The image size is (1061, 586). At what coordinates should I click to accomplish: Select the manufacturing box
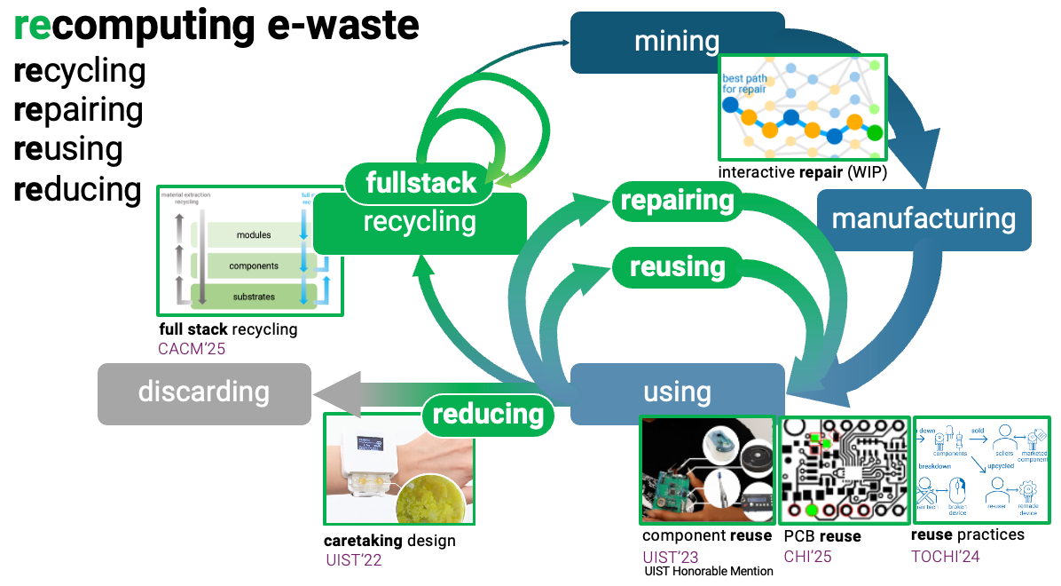click(x=923, y=219)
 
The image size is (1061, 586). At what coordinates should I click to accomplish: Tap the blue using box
click(x=677, y=392)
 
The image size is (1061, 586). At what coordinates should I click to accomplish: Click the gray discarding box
click(x=204, y=392)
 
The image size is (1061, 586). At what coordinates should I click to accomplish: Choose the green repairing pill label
click(x=678, y=201)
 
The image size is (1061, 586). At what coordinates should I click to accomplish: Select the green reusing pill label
click(x=678, y=266)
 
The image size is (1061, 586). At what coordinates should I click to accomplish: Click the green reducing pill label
click(x=488, y=413)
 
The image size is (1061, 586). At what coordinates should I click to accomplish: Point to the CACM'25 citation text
click(x=192, y=349)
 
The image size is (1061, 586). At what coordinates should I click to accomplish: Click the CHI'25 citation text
click(x=807, y=557)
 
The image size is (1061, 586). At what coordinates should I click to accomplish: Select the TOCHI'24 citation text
click(x=946, y=557)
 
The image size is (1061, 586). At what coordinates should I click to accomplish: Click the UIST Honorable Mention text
click(x=709, y=571)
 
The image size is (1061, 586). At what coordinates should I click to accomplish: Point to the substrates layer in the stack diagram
click(x=254, y=297)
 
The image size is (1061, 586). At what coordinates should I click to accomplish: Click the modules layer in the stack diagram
click(x=254, y=235)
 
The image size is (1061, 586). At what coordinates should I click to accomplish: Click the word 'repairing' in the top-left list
click(x=79, y=110)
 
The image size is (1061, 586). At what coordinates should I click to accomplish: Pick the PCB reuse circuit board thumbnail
click(x=844, y=470)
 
